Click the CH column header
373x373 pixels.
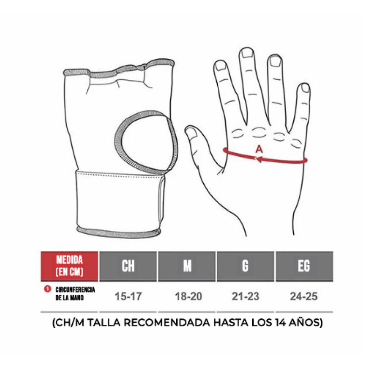[128, 266]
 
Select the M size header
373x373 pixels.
[187, 266]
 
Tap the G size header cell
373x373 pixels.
[246, 266]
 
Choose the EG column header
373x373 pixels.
[304, 266]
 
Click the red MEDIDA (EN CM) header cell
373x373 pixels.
[69, 266]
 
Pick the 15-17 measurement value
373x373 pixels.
[128, 297]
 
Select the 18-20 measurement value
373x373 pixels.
[188, 297]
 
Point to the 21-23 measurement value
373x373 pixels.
[246, 297]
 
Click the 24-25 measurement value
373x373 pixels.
[304, 297]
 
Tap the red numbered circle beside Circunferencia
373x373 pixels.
[48, 289]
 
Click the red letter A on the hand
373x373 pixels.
[259, 149]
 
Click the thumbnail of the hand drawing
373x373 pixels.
[192, 132]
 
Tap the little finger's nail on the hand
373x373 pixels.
[305, 88]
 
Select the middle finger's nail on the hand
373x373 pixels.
[247, 53]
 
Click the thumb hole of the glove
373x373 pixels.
[146, 142]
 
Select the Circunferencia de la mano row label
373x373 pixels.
[75, 294]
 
